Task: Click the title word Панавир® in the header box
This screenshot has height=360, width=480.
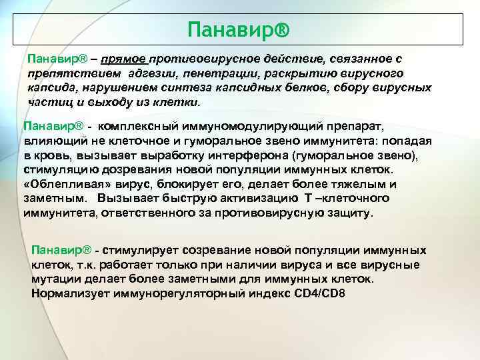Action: [x=239, y=29]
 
